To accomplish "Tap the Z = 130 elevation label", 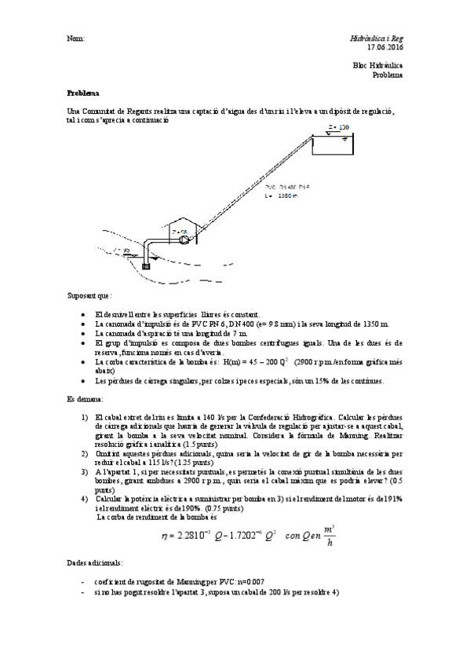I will pos(338,126).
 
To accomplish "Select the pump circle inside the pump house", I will pos(184,241).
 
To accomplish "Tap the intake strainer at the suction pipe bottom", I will pos(145,265).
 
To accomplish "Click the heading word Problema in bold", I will pos(83,93).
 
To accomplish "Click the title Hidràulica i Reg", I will pos(376,38).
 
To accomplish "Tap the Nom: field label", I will pos(76,38).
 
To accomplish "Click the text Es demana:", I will pos(84,399).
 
